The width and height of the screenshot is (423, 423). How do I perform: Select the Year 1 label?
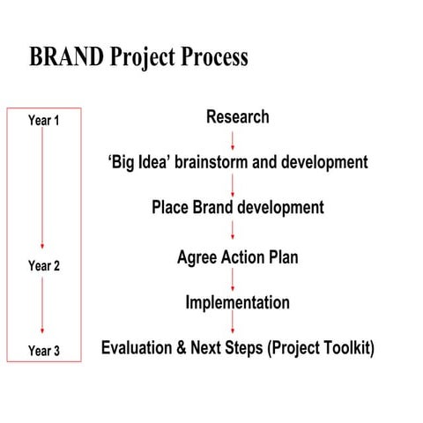click(43, 121)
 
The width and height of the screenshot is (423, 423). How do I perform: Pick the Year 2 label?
click(43, 265)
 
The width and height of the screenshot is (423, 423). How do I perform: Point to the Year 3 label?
click(43, 351)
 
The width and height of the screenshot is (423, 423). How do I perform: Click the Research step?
click(237, 116)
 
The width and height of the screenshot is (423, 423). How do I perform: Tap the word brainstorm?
click(214, 162)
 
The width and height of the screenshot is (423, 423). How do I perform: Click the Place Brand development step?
click(237, 208)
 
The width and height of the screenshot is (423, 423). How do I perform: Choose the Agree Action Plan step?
click(237, 257)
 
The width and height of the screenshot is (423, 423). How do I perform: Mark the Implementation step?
click(237, 303)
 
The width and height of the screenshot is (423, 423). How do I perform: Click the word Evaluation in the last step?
click(137, 348)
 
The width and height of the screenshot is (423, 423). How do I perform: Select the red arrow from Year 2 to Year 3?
click(42, 308)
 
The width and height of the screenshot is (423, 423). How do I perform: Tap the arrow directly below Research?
click(233, 139)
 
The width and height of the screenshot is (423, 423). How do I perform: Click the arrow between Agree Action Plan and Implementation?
click(233, 280)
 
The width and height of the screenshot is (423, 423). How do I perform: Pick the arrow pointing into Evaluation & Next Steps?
click(233, 325)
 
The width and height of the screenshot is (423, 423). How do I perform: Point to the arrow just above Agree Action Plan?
click(233, 232)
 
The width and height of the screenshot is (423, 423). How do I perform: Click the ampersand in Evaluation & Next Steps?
click(182, 348)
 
